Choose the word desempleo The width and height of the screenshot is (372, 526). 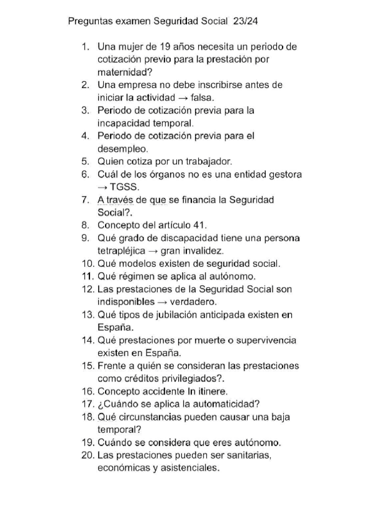coord(122,149)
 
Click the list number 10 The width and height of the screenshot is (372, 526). coord(88,264)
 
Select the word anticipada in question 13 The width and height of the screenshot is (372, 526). coord(224,314)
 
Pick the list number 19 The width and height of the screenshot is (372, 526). coord(88,442)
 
